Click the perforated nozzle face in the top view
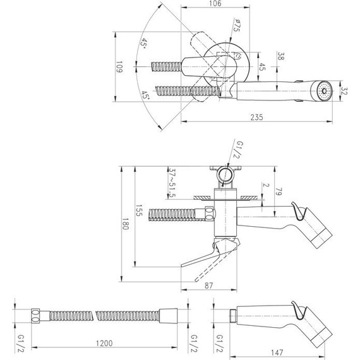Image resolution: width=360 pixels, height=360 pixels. (325, 90)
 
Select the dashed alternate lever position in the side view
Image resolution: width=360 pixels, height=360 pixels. (203, 272)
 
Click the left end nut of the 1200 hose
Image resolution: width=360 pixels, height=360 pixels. (37, 313)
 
